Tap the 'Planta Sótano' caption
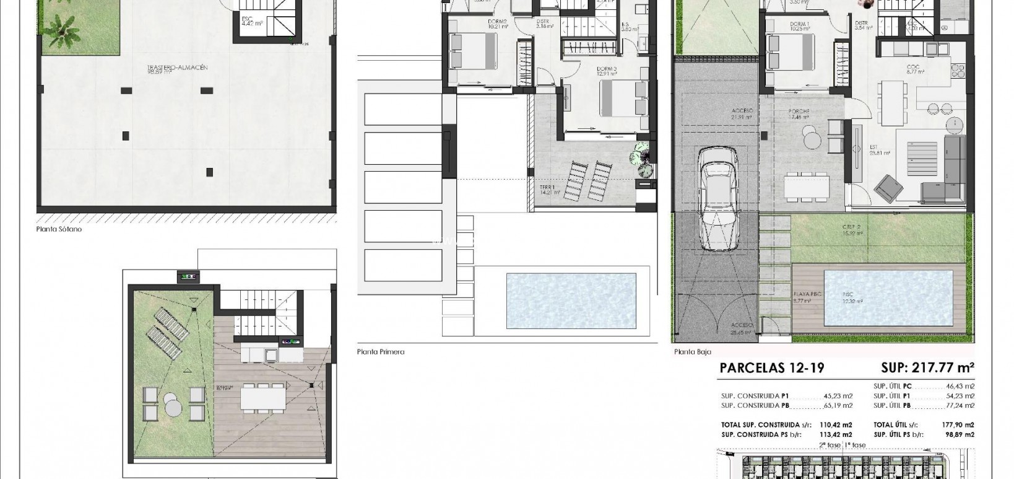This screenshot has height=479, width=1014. coord(59,229)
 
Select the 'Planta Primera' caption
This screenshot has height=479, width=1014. coord(381,352)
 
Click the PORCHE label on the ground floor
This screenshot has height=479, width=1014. coord(799,112)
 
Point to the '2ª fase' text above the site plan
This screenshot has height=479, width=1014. coord(830,445)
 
